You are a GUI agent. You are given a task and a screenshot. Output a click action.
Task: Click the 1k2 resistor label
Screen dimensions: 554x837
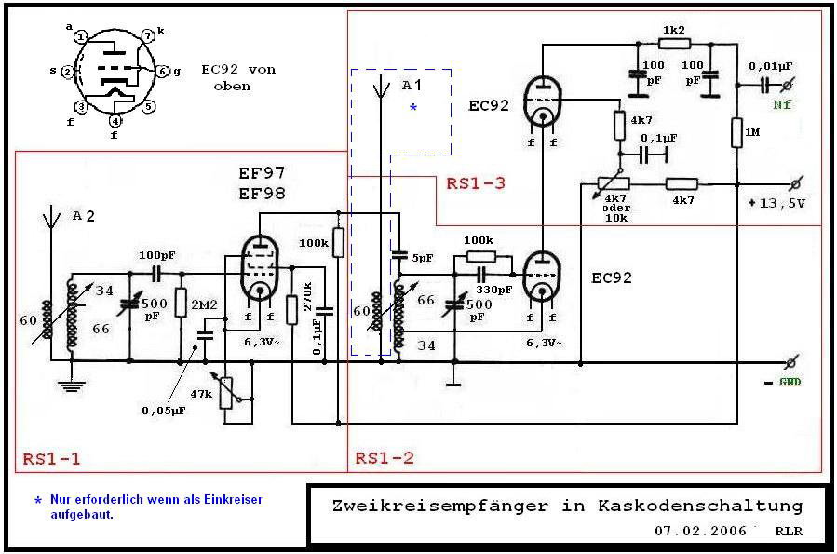point(673,30)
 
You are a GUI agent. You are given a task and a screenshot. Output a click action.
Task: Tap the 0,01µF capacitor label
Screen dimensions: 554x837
point(772,65)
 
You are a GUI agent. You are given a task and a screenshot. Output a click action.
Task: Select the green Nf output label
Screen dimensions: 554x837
point(782,105)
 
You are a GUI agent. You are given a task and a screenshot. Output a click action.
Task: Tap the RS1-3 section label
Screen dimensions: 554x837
point(475,183)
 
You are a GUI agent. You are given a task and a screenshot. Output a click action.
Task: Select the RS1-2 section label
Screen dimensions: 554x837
point(384,458)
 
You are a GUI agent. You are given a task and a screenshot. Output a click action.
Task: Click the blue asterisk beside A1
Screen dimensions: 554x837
point(413,109)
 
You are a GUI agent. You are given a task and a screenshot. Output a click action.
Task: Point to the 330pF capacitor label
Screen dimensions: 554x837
point(494,290)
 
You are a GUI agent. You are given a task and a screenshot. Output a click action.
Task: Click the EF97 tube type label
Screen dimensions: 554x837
point(262,174)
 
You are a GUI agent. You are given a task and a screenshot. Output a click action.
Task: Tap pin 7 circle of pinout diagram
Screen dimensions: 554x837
point(147,35)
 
